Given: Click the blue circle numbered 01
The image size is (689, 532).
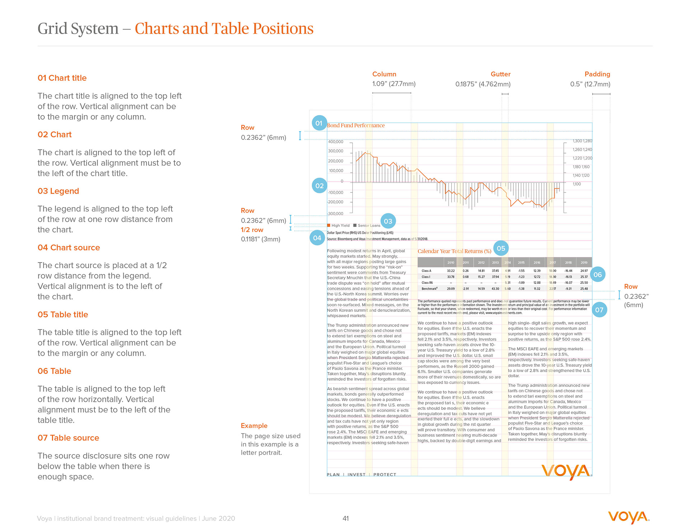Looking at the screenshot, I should point(319,123).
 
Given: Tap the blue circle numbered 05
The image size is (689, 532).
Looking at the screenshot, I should point(501,248).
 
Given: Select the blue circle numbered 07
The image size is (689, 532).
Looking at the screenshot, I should point(599,310).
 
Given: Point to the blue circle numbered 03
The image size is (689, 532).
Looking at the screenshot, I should point(388,221).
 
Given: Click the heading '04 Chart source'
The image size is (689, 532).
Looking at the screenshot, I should point(69,248).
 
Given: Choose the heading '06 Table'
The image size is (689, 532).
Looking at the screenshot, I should point(54,371).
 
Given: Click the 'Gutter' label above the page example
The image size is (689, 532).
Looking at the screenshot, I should point(500,74).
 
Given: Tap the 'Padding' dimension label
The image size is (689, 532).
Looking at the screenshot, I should point(597,74).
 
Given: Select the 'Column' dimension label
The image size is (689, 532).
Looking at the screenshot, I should point(384,74).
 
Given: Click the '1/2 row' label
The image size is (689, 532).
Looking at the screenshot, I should point(252,230).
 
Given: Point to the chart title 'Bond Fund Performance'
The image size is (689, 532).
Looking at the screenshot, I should point(356,125).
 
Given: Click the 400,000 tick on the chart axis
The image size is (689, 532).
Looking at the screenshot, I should point(336,142).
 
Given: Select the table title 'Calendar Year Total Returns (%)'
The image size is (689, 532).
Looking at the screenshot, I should point(454,251).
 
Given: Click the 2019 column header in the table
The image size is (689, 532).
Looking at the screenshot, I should point(584,263).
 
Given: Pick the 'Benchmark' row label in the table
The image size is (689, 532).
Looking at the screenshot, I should point(429,289).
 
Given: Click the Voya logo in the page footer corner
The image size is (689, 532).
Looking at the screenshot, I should point(629,517).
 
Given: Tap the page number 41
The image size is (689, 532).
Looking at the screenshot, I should point(346,518).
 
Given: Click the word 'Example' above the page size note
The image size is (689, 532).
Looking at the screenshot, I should point(254,426).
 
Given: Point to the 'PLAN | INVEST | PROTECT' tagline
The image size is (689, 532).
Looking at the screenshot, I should point(361,475).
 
